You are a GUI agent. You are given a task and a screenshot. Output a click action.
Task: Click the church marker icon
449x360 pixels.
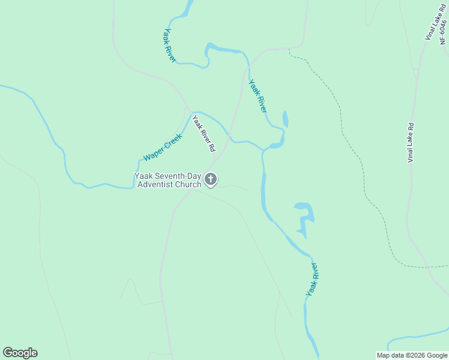pyautogui.click(x=211, y=179)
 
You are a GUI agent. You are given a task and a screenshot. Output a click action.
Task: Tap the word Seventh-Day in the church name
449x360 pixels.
pyautogui.click(x=178, y=176)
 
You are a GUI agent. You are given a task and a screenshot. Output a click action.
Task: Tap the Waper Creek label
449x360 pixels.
pyautogui.click(x=162, y=148)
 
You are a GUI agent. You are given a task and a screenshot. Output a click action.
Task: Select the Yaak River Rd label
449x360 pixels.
pyautogui.click(x=203, y=133)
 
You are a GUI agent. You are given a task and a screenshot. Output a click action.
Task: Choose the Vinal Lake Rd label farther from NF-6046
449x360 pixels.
pyautogui.click(x=411, y=142)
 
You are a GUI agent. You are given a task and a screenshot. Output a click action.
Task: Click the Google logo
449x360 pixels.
pyautogui.click(x=20, y=353)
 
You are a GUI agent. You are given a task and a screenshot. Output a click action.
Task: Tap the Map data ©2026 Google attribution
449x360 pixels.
pyautogui.click(x=412, y=355)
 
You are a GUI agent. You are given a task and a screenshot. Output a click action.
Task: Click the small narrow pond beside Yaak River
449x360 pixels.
pyautogui.click(x=285, y=119)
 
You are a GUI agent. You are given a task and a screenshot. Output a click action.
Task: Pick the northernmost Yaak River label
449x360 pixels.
pyautogui.click(x=170, y=45)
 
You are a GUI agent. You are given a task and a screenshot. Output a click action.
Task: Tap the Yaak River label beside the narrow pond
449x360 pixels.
pyautogui.click(x=258, y=96)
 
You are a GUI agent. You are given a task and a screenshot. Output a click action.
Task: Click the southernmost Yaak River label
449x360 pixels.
pyautogui.click(x=312, y=278)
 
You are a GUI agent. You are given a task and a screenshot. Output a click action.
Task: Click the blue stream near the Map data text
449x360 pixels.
pyautogui.click(x=420, y=337)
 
